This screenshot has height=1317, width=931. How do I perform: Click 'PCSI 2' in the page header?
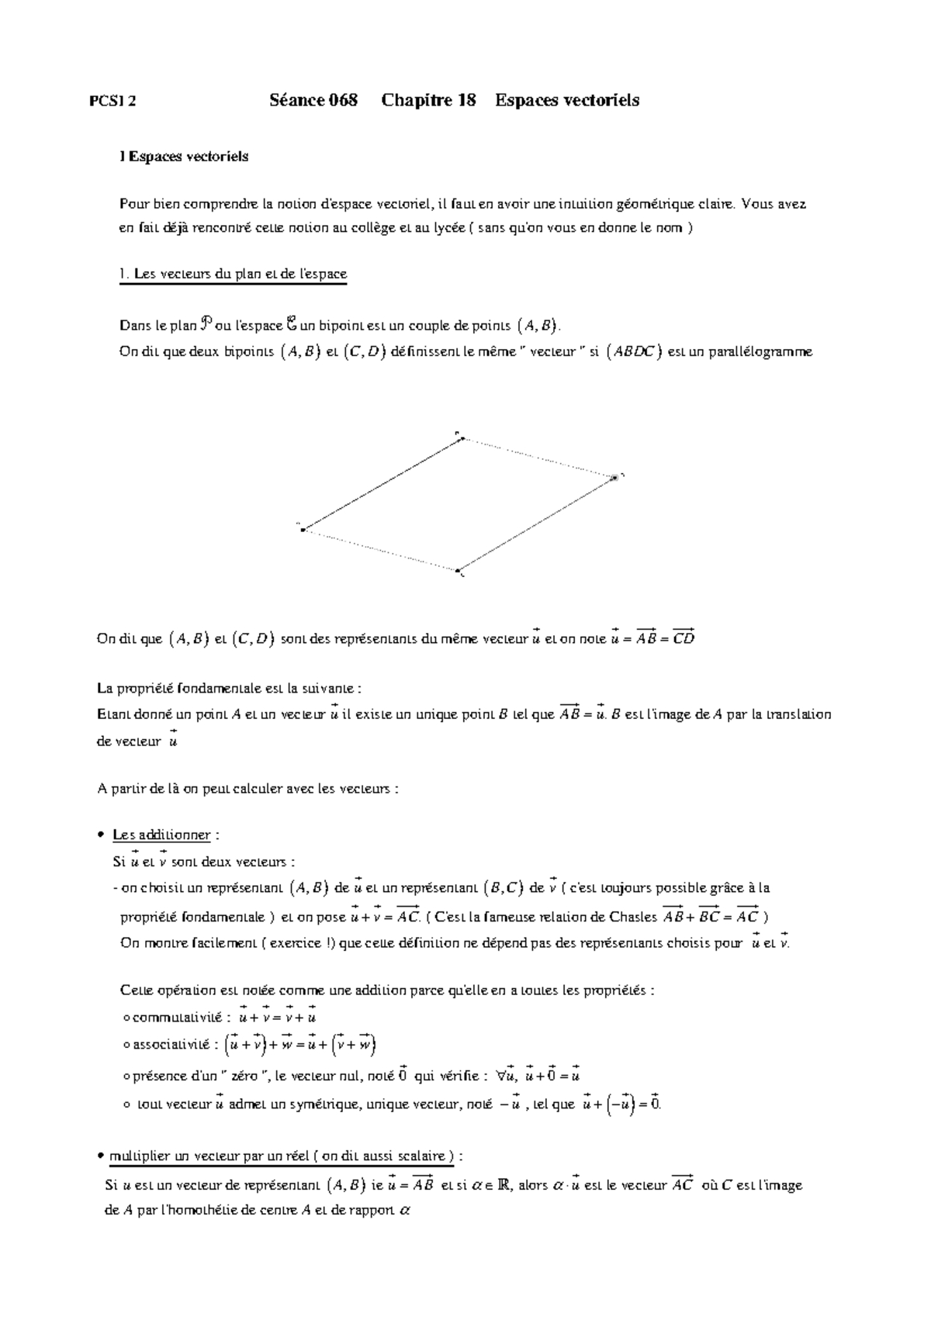(x=113, y=101)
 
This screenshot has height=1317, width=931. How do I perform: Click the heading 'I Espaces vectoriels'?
(x=184, y=157)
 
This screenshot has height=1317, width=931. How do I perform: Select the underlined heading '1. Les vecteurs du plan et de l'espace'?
(x=233, y=274)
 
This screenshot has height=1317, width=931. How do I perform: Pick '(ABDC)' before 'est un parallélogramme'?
(x=633, y=351)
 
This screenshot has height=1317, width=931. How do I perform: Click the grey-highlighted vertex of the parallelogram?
(x=614, y=477)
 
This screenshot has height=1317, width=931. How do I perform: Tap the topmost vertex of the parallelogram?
(x=462, y=439)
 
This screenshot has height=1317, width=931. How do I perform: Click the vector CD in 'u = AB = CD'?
(x=683, y=638)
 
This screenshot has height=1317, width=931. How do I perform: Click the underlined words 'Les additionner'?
(x=161, y=835)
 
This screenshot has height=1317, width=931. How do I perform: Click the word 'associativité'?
(x=171, y=1046)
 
